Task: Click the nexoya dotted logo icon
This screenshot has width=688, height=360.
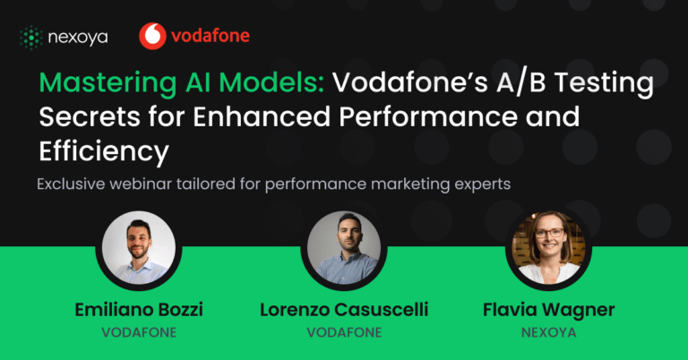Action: click(31, 38)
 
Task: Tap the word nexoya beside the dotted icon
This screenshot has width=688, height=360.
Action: click(78, 39)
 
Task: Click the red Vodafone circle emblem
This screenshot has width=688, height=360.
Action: click(152, 36)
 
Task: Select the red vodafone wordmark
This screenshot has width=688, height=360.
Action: click(211, 36)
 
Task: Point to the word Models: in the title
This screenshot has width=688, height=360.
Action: click(271, 82)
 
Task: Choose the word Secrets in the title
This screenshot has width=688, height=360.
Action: click(90, 116)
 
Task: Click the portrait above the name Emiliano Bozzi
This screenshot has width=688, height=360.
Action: click(139, 248)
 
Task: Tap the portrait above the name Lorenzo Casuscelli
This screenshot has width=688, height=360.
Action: click(344, 248)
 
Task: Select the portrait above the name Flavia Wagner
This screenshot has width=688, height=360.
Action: click(548, 248)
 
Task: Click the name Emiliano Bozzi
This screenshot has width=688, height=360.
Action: click(139, 310)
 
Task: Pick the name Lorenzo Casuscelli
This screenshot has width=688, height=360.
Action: click(344, 310)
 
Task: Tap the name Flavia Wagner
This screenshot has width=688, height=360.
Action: click(548, 310)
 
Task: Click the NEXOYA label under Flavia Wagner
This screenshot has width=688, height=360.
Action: click(548, 332)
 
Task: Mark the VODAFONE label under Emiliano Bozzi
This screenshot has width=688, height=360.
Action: click(139, 332)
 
